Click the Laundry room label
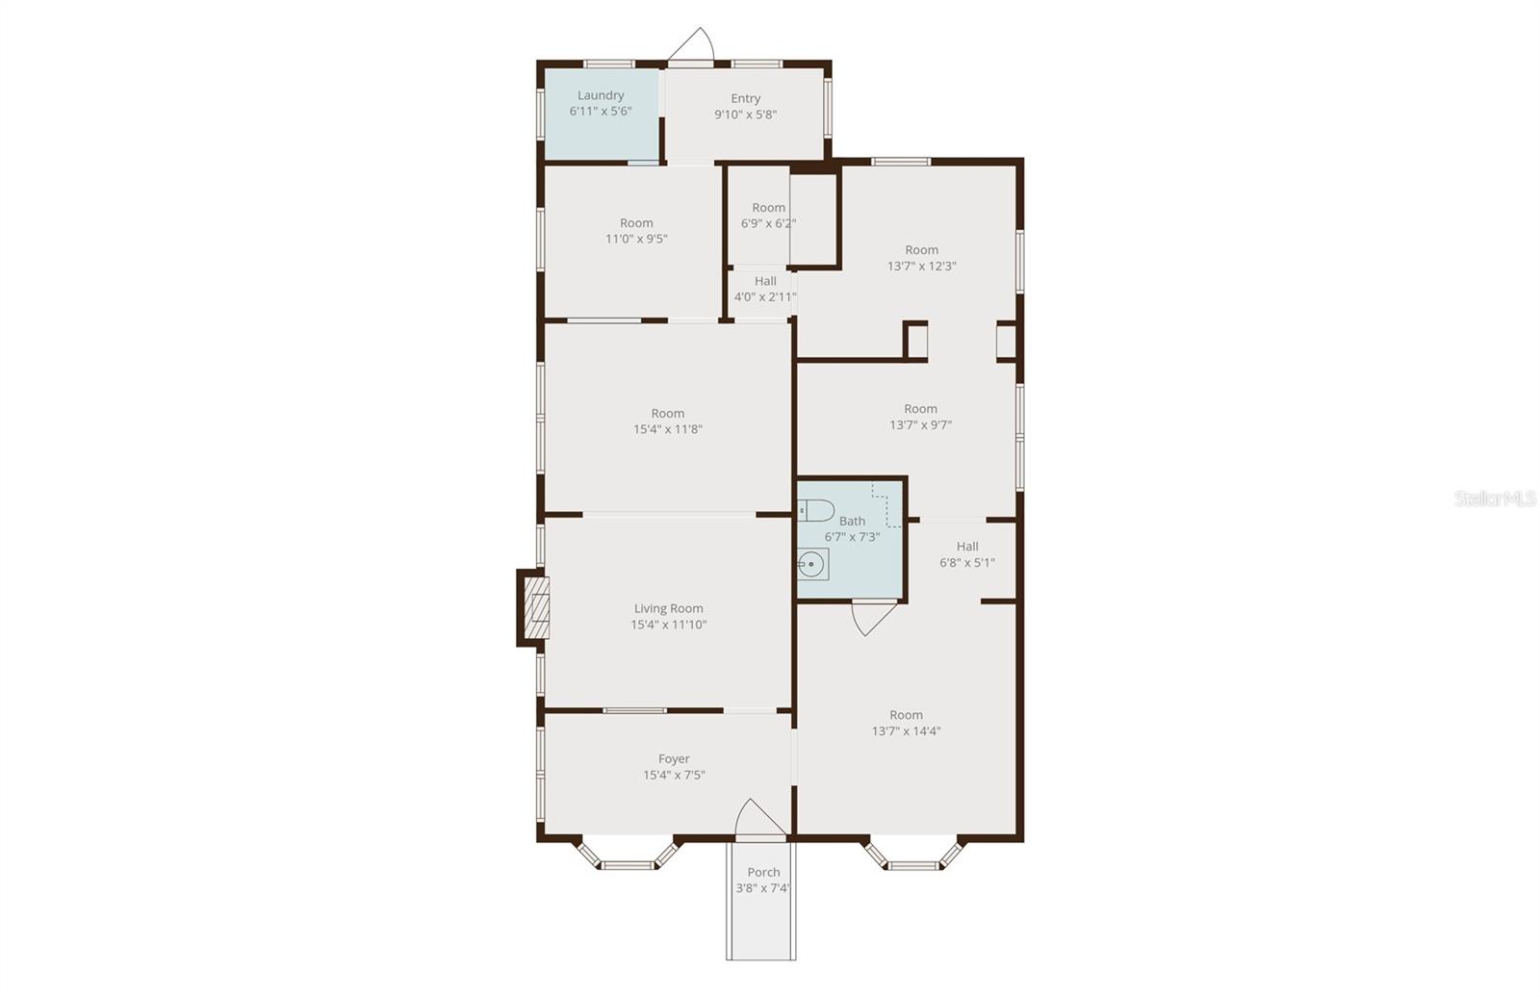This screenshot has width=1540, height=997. click(601, 95)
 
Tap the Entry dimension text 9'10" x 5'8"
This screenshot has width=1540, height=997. click(745, 115)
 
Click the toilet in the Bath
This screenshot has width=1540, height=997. click(816, 511)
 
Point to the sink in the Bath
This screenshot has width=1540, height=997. click(812, 565)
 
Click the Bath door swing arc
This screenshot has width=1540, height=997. click(874, 618)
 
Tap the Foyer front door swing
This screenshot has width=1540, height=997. click(759, 817)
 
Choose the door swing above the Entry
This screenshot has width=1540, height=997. click(692, 44)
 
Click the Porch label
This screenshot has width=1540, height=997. click(763, 872)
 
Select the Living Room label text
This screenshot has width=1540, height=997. click(668, 608)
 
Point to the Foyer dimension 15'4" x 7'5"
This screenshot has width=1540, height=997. click(674, 775)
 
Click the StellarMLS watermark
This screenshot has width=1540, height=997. click(1495, 498)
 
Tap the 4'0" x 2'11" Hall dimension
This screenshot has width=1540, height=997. click(765, 297)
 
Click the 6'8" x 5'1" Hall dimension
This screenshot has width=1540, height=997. click(966, 562)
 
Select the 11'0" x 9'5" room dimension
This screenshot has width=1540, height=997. click(636, 240)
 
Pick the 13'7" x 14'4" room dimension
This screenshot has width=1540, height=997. click(906, 730)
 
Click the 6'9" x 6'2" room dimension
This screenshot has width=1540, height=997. click(768, 223)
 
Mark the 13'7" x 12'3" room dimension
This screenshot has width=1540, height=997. click(921, 267)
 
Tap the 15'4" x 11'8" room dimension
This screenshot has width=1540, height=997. click(668, 429)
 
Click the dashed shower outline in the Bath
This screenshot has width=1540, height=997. click(887, 505)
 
